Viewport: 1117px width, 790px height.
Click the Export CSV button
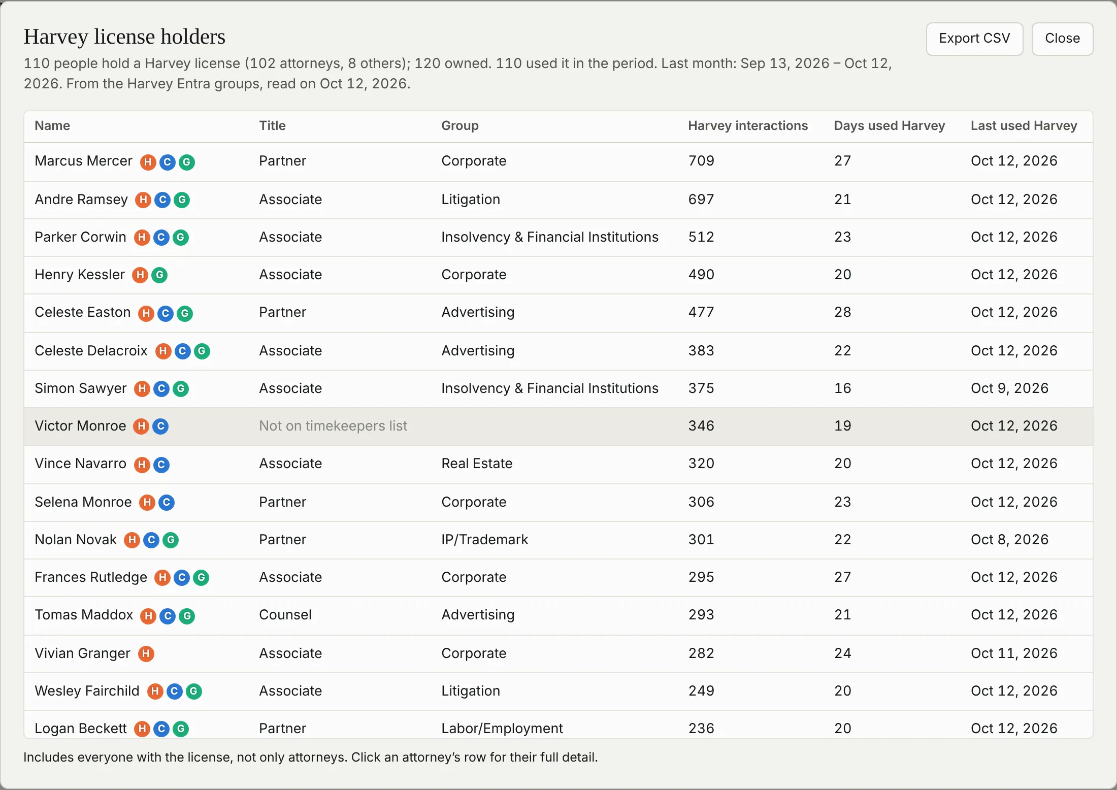pos(974,39)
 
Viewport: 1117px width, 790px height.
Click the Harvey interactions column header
pos(748,126)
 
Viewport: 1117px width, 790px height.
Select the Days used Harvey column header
pos(890,126)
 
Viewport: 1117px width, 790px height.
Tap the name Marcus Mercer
pos(83,161)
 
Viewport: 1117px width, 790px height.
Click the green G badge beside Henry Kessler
pos(159,275)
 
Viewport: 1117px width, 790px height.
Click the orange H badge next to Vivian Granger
pos(146,654)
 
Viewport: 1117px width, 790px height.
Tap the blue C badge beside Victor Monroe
pos(160,426)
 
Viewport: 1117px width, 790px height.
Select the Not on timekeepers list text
pos(333,426)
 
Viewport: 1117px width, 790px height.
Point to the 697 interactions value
pos(701,200)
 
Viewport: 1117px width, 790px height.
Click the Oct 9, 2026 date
pos(1009,388)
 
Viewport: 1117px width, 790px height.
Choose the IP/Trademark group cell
pos(484,540)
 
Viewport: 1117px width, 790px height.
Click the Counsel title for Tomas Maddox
pos(285,615)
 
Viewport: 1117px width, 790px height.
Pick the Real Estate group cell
pos(477,464)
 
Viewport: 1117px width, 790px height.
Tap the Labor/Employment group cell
pos(502,729)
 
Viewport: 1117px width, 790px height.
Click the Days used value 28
pos(843,312)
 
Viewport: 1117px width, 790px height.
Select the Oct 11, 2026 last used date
pos(1014,653)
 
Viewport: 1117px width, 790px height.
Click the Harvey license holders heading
pos(124,37)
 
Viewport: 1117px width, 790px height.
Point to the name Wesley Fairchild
pos(87,691)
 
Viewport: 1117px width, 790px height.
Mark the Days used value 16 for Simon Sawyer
pos(843,388)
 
